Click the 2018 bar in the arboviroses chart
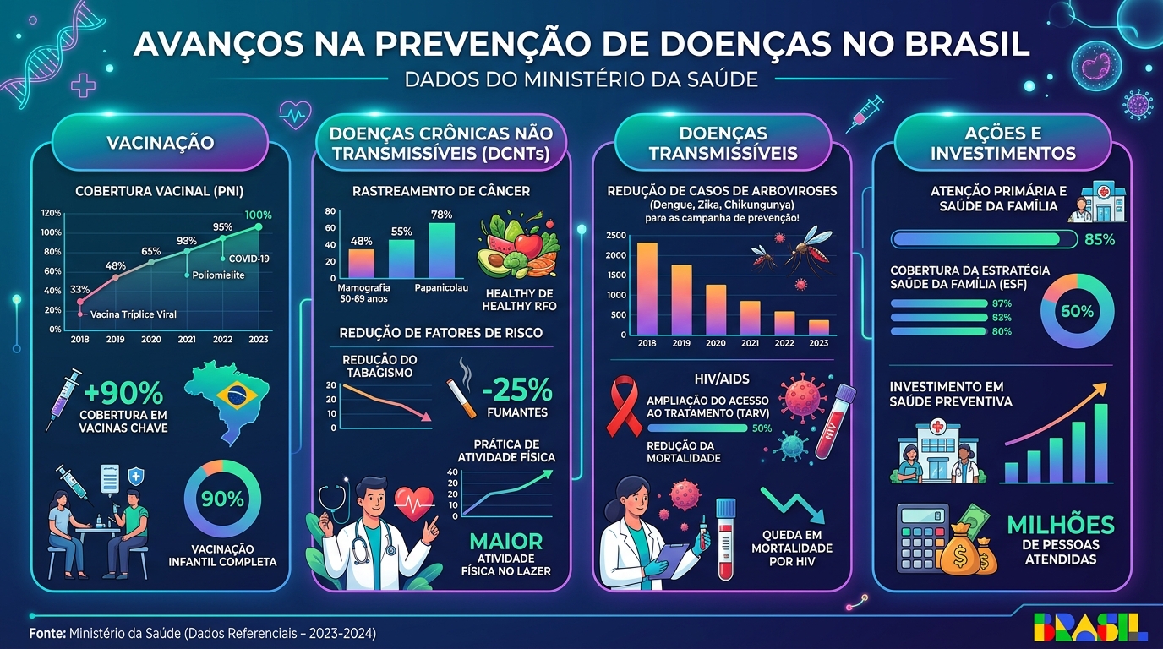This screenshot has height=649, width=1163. [647, 289]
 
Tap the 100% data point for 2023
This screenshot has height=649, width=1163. [258, 226]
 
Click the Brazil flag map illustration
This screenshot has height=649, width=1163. [230, 400]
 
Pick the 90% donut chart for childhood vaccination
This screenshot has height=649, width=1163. [222, 499]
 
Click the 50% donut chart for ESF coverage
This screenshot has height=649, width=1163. [1077, 311]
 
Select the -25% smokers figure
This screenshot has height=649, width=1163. [517, 390]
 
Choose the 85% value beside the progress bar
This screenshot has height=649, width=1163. [1099, 239]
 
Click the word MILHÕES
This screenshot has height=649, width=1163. [1061, 525]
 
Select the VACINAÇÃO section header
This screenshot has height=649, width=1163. [160, 143]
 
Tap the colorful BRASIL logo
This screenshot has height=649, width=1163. [1089, 626]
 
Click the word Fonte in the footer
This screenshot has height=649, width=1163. [46, 633]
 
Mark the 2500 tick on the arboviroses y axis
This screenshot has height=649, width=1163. [616, 236]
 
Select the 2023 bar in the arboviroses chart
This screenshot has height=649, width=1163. [818, 327]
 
